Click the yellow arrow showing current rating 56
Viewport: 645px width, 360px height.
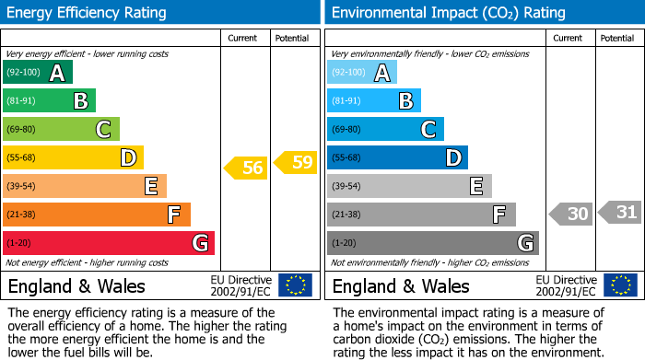[246, 168]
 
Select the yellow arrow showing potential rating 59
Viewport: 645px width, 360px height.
[295, 163]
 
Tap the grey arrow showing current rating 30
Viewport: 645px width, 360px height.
[570, 215]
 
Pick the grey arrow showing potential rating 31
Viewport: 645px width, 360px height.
[620, 213]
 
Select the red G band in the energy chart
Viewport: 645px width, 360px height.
[108, 243]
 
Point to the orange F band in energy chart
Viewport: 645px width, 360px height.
[96, 215]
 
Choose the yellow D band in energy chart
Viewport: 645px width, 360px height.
[73, 158]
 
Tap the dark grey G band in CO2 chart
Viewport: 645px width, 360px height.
[432, 243]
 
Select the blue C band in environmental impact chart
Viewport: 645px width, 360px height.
[385, 130]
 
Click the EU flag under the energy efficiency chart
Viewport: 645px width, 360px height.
[295, 285]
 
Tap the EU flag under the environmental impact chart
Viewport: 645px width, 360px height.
[619, 285]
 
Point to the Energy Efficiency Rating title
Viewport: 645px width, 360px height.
[87, 13]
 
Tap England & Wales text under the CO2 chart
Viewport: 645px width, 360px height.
[400, 285]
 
